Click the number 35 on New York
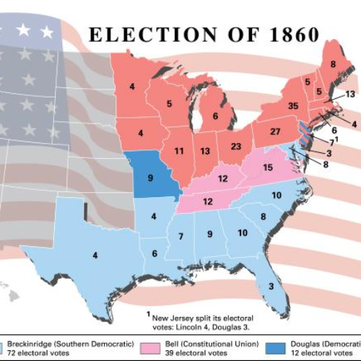pos(292,105)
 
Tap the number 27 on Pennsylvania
pos(275,131)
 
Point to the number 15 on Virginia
pos(267,168)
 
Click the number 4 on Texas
pos(95,255)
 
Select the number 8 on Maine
pos(333,64)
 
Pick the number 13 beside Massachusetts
pos(350,94)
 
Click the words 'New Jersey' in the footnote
pos(173,316)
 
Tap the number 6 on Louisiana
pos(155,253)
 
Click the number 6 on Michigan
pos(214,115)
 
